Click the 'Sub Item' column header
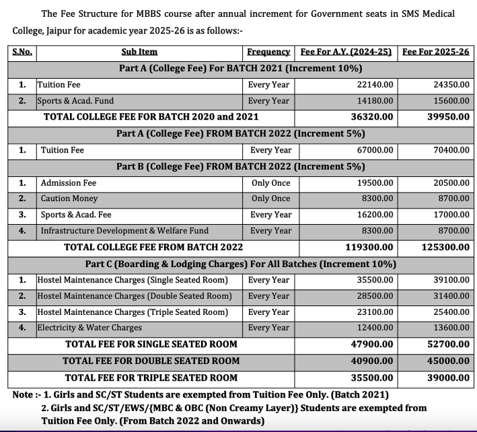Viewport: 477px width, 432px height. pyautogui.click(x=139, y=52)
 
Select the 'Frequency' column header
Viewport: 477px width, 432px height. pyautogui.click(x=268, y=52)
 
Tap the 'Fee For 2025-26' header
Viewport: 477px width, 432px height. pyautogui.click(x=435, y=52)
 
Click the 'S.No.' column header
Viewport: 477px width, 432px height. pyautogui.click(x=23, y=52)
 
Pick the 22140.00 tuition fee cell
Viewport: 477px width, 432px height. pyautogui.click(x=377, y=85)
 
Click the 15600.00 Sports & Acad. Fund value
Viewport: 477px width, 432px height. pyautogui.click(x=451, y=101)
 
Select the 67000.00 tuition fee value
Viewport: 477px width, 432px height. pyautogui.click(x=377, y=150)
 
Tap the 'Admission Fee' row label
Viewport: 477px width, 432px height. pyautogui.click(x=69, y=183)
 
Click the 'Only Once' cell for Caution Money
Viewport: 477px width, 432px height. pyautogui.click(x=271, y=199)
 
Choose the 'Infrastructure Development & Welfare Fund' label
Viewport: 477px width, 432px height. pyautogui.click(x=124, y=231)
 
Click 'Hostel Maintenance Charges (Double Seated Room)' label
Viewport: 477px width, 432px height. pyautogui.click(x=135, y=296)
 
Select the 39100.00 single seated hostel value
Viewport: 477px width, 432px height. pyautogui.click(x=451, y=280)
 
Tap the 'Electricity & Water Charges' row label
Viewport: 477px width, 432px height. pyautogui.click(x=89, y=328)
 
